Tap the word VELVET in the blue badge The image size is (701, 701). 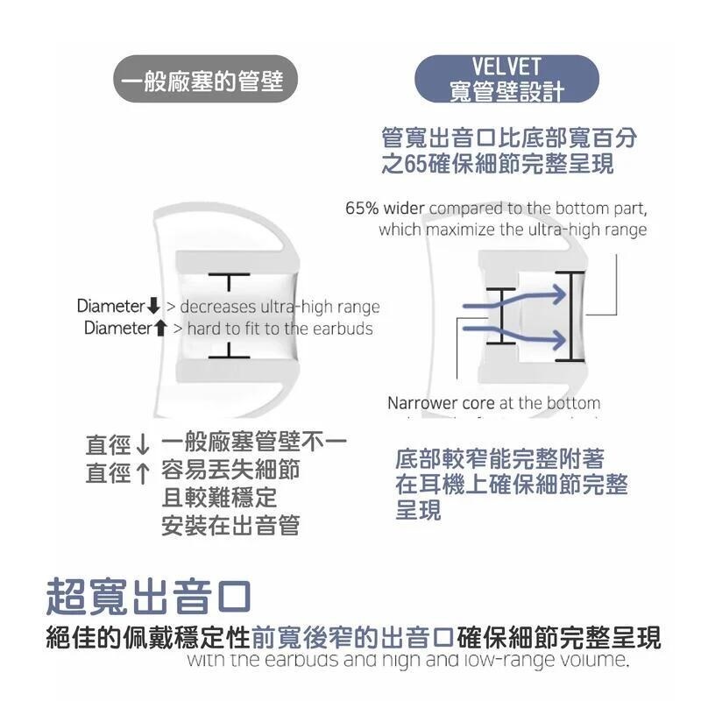tap(506, 67)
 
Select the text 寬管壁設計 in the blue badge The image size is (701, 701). tap(506, 91)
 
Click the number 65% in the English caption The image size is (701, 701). tap(363, 209)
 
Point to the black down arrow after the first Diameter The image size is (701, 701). tap(153, 307)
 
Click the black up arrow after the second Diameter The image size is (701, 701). tap(159, 329)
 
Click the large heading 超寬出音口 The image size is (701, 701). tap(149, 597)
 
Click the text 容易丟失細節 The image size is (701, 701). tap(230, 470)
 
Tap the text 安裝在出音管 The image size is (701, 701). tap(230, 526)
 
